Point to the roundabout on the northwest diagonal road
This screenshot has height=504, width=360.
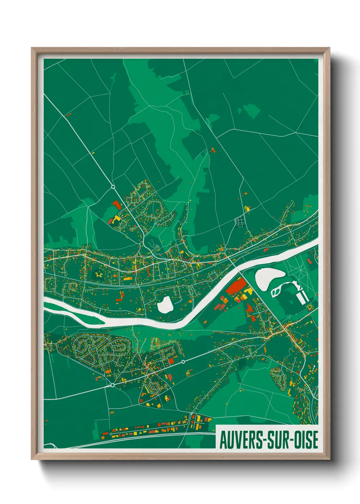(x=113, y=187)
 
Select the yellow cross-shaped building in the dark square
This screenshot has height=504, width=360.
(x=99, y=274)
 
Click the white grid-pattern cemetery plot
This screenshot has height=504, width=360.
(x=240, y=221)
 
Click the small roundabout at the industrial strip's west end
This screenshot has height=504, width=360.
(x=111, y=434)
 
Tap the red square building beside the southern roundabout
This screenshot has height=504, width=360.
(x=171, y=361)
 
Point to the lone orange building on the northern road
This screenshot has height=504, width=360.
(x=213, y=150)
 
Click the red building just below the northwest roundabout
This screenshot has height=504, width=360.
(x=116, y=205)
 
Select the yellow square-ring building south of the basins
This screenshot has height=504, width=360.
(x=309, y=307)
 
